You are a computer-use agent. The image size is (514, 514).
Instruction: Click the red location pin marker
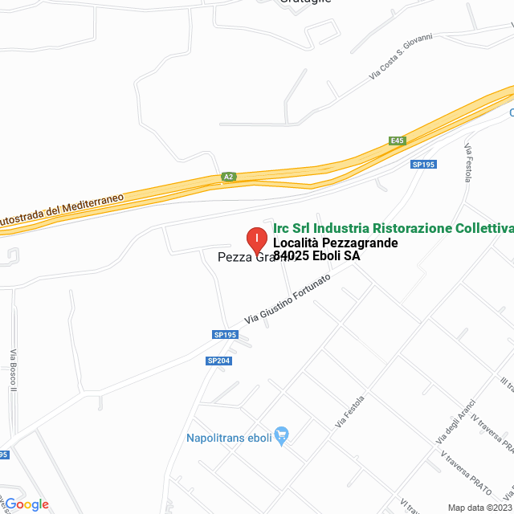[x=255, y=239]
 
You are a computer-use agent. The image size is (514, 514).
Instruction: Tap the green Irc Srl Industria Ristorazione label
[x=393, y=228]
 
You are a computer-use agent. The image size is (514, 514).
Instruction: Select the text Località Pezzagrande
[x=335, y=243]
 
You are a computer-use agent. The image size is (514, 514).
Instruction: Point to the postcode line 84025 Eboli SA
[x=316, y=256]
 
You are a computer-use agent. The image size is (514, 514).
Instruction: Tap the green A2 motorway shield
[x=229, y=177]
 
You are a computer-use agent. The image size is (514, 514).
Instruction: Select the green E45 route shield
[x=397, y=141]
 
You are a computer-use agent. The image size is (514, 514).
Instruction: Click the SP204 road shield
[x=218, y=361]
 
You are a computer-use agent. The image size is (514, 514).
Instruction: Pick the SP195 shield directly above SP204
[x=225, y=335]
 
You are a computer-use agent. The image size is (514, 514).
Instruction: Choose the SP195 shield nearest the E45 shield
[x=422, y=164]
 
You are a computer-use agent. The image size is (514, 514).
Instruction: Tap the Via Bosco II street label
[x=13, y=370]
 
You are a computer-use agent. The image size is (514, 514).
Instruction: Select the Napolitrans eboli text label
[x=228, y=438]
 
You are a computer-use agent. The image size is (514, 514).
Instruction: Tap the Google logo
[x=27, y=504]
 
